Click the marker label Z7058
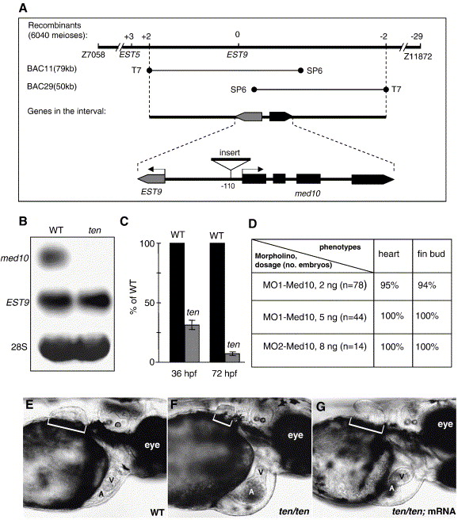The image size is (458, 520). (94, 55)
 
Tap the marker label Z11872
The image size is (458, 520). (418, 56)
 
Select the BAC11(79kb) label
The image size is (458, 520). (52, 69)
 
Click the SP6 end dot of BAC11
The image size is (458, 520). (300, 71)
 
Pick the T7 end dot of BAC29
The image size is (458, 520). (386, 90)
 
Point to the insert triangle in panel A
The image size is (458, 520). (231, 162)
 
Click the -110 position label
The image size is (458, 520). (227, 186)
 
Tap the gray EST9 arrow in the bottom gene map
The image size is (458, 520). (151, 179)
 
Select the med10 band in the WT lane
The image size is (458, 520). (53, 258)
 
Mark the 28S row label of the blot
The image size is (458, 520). (19, 347)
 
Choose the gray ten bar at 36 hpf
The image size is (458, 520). (192, 343)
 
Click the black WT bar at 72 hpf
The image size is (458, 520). (217, 303)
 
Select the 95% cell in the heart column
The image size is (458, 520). (390, 285)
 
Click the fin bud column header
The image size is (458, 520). (431, 254)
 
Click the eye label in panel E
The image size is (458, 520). (152, 445)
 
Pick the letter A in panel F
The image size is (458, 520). (251, 492)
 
